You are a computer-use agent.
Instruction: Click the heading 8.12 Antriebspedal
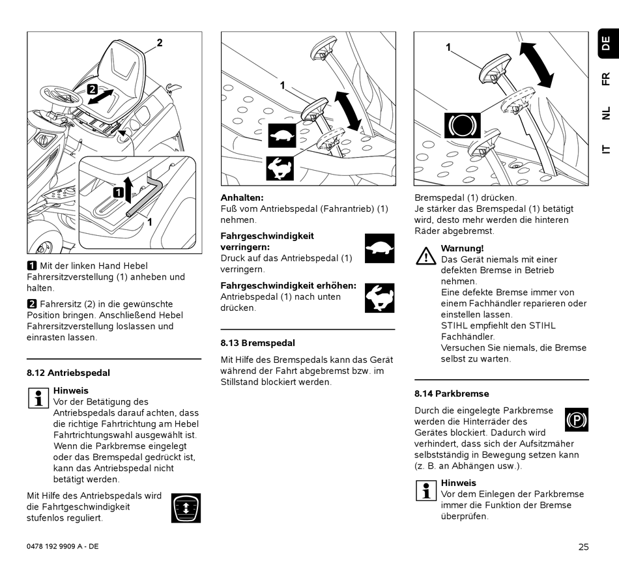pyautogui.click(x=68, y=373)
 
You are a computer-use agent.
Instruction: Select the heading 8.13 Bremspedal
pyautogui.click(x=257, y=343)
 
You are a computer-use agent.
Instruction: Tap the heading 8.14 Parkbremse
pyautogui.click(x=452, y=394)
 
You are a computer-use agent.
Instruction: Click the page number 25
pyautogui.click(x=583, y=547)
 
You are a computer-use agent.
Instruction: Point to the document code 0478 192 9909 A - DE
pyautogui.click(x=63, y=547)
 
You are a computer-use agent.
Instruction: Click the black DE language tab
pyautogui.click(x=606, y=44)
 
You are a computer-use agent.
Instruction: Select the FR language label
pyautogui.click(x=606, y=79)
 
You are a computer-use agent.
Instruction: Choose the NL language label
pyautogui.click(x=606, y=113)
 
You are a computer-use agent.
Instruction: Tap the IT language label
pyautogui.click(x=606, y=148)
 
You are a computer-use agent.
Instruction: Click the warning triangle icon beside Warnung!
pyautogui.click(x=426, y=255)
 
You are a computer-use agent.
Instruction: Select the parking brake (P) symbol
pyautogui.click(x=577, y=420)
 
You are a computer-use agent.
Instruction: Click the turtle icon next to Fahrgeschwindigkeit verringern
pyautogui.click(x=379, y=248)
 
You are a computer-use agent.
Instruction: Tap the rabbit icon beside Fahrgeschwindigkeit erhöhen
pyautogui.click(x=379, y=297)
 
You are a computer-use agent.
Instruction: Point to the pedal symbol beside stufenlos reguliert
pyautogui.click(x=186, y=508)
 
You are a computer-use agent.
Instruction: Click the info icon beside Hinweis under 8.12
pyautogui.click(x=39, y=397)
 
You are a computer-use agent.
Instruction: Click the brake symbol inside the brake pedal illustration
pyautogui.click(x=462, y=124)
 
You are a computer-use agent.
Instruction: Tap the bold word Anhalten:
pyautogui.click(x=242, y=197)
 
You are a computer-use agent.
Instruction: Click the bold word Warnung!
pyautogui.click(x=462, y=248)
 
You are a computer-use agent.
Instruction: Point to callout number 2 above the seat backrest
pyautogui.click(x=159, y=43)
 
